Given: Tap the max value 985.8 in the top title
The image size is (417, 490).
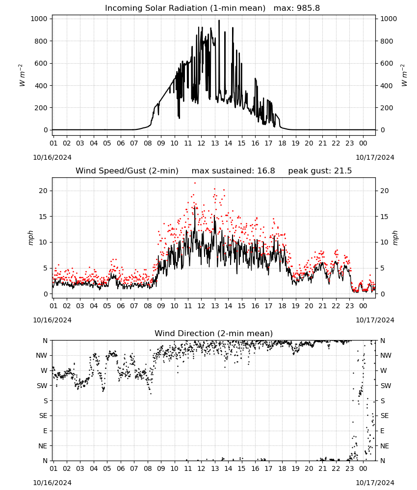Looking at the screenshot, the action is point(308,8).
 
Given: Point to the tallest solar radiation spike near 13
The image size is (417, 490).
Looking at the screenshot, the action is point(219,21).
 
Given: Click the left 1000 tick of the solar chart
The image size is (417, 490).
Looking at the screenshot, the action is point(39,19).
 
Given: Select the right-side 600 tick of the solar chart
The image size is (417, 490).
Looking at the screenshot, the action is point(387,63).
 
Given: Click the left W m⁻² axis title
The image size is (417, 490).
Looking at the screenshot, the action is point(22,75).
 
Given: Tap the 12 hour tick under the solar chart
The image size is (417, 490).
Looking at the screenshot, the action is point(201,143).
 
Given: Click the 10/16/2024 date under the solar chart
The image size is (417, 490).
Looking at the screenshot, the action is point(52,157).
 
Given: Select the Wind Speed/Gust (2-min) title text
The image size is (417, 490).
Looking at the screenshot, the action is point(127,171).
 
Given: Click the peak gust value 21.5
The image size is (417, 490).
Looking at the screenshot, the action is point(343,171).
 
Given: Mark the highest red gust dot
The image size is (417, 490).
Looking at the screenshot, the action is point(195,183).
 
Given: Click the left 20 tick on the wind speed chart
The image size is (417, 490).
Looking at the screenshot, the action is point(43,191).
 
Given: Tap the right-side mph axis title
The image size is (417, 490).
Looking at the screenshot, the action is point(395,238).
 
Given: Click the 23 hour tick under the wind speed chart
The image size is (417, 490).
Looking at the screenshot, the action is point(349,306).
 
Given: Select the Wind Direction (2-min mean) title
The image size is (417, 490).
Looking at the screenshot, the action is point(214,333).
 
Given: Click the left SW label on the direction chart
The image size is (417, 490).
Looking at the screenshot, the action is point(42,386).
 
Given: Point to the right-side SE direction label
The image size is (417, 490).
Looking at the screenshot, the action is point(385,416).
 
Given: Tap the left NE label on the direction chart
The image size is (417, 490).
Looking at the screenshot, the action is point(43,446).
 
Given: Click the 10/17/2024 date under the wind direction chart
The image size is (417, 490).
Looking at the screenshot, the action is point(375,483).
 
